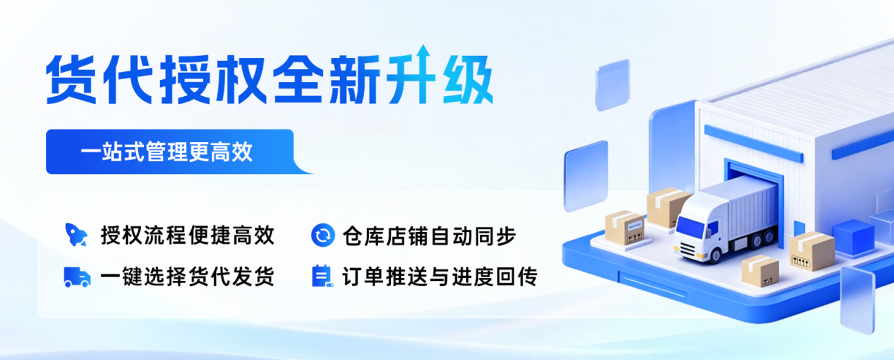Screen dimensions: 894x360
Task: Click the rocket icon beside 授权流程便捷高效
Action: [76, 235]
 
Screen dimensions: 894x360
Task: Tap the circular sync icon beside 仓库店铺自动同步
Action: [323, 235]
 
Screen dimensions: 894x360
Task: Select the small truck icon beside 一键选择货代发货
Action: [77, 277]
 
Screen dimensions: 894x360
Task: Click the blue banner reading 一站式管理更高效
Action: [176, 152]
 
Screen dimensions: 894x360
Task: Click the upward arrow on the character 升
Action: [424, 58]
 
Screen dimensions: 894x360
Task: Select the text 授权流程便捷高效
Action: [187, 235]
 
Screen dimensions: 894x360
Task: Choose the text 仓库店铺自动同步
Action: [429, 235]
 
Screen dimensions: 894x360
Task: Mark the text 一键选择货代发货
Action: [187, 277]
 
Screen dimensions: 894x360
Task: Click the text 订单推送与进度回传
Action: [440, 277]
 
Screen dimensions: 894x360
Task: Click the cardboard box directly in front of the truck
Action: [760, 271]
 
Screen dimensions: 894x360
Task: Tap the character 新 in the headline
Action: [355, 79]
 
